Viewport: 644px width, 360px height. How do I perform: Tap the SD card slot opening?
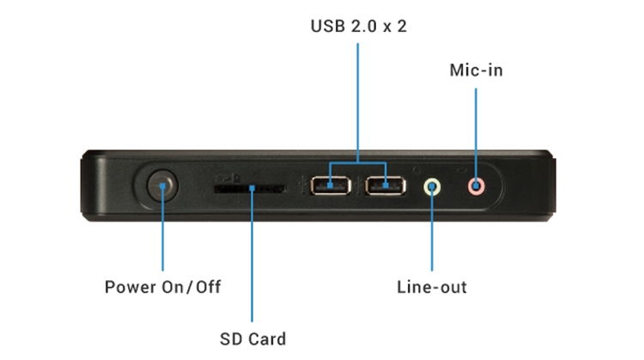pos(250,186)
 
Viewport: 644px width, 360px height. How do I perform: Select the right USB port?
pos(383,185)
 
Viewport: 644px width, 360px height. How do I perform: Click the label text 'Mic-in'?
pos(476,70)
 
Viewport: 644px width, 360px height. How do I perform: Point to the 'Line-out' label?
pos(432,287)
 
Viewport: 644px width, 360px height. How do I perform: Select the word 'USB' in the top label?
pos(325,27)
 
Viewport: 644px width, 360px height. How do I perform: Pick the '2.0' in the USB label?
pos(363,27)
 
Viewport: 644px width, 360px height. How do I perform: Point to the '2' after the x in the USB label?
pos(401,27)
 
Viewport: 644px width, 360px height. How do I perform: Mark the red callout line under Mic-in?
pos(476,129)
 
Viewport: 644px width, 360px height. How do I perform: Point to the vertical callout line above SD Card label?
pos(251,258)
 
